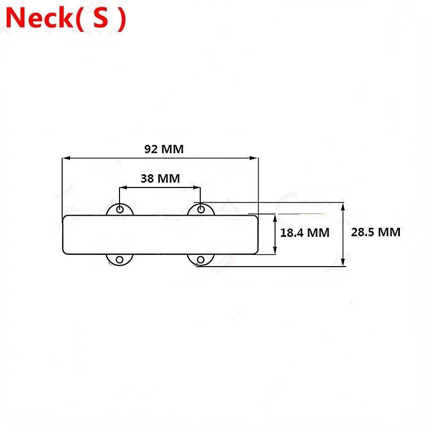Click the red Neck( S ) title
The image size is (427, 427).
coord(66,18)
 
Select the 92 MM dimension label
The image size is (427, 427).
coord(164,149)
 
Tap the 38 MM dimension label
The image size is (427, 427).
coord(160,178)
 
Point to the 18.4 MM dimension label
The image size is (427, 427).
coord(305,233)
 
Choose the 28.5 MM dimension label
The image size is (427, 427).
coord(375,232)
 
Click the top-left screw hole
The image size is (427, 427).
coord(120,209)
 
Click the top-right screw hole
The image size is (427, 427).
coord(201,209)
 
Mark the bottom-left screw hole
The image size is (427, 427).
coord(119,260)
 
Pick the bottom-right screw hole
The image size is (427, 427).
coord(201,260)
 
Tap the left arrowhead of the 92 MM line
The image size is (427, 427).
coord(66,158)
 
